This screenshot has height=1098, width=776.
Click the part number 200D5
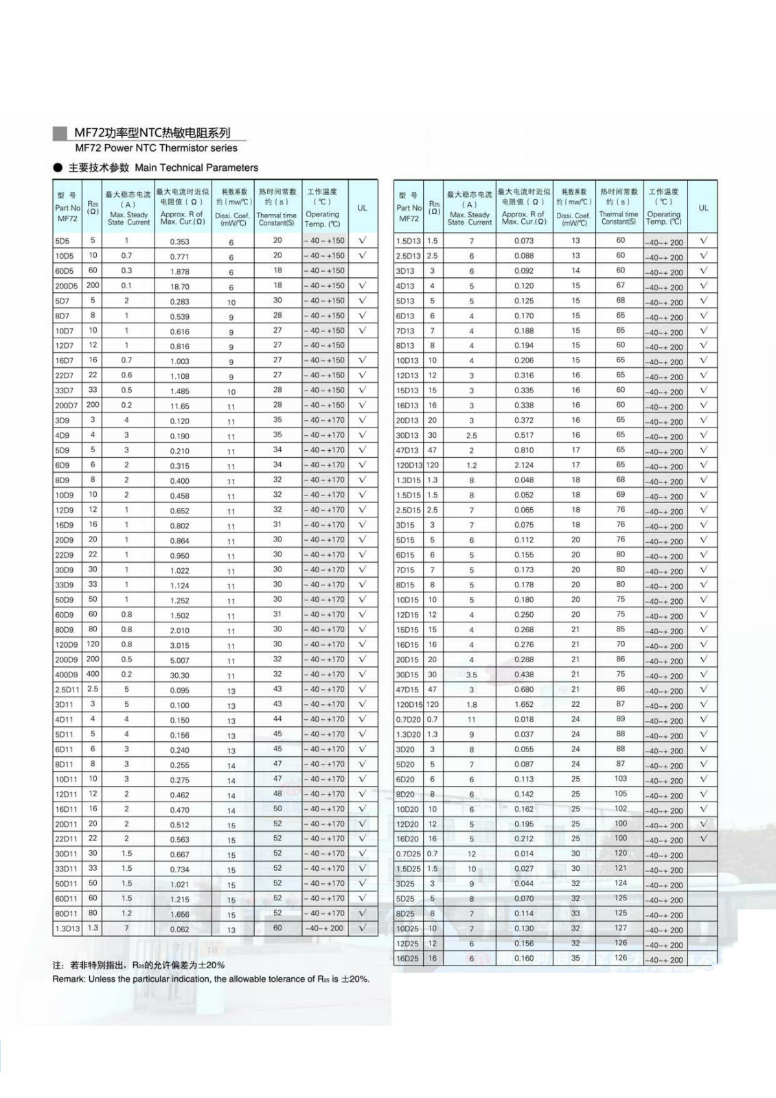[67, 286]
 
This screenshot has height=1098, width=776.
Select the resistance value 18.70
[180, 287]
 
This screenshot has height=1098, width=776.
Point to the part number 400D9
[67, 675]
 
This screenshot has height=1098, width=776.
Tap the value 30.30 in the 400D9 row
[180, 675]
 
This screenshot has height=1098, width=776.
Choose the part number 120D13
[409, 465]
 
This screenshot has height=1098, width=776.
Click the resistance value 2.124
[524, 465]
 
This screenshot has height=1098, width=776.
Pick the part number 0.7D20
[407, 720]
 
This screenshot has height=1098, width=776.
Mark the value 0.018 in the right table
[524, 719]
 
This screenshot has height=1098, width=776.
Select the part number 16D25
[407, 959]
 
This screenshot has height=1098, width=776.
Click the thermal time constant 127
[621, 928]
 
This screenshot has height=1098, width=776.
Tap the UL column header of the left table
[363, 208]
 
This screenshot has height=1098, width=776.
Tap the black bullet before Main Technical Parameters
[58, 168]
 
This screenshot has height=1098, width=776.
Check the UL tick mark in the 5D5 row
[363, 241]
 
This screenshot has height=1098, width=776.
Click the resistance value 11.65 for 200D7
[180, 406]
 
